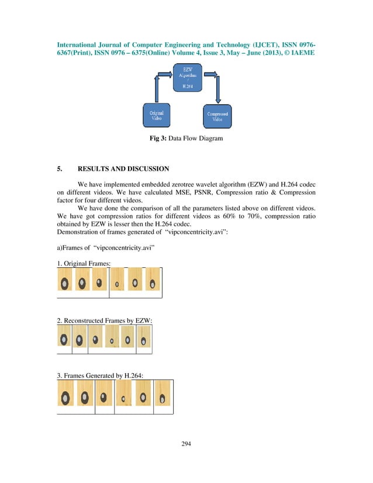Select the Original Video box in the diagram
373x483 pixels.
pyautogui.click(x=157, y=115)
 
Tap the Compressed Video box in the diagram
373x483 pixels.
pyautogui.click(x=217, y=115)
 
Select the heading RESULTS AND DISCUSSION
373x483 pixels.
pyautogui.click(x=123, y=170)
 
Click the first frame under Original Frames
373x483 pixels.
pyautogui.click(x=65, y=280)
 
